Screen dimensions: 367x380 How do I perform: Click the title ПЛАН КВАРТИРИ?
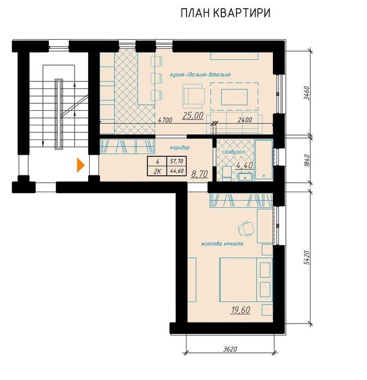[226, 14]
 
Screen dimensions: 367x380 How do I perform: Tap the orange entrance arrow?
[80, 165]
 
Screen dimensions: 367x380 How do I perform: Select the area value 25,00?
[193, 116]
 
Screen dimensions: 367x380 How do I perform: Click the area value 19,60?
[240, 310]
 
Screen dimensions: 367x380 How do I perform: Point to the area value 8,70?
[200, 174]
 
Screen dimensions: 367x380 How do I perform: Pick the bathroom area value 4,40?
[244, 165]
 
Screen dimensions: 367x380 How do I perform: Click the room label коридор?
[179, 147]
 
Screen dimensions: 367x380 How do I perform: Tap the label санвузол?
[233, 152]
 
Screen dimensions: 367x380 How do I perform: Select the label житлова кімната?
[222, 244]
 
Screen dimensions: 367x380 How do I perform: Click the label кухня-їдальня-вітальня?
[200, 75]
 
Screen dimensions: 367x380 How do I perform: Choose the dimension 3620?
[230, 349]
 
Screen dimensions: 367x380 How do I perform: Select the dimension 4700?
[165, 120]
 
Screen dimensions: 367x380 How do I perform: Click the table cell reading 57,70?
[177, 161]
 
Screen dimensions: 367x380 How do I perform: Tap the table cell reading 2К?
[157, 171]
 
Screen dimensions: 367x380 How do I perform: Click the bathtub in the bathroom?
[263, 160]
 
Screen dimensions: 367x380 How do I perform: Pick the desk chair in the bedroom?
[246, 229]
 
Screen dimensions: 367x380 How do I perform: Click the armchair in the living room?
[194, 96]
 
